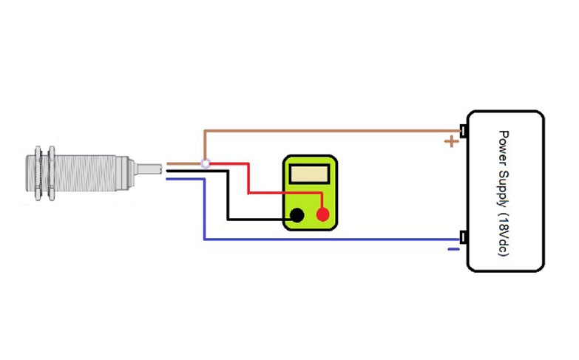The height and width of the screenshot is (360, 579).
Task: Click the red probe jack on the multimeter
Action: [x=322, y=215]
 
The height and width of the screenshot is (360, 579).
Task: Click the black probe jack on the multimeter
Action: [x=297, y=215]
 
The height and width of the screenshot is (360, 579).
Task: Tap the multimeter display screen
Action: [x=310, y=174]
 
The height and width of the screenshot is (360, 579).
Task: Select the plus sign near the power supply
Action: [x=450, y=141]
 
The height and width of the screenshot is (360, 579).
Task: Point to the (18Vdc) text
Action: [x=504, y=232]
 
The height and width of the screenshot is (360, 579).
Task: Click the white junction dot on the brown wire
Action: [x=206, y=163]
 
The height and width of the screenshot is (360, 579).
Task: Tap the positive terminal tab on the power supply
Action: [x=463, y=131]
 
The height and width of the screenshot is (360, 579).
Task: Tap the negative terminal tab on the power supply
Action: [x=463, y=238]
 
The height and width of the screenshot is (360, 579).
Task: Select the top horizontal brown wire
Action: [x=333, y=131]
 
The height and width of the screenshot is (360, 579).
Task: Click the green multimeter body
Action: [x=308, y=203]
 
